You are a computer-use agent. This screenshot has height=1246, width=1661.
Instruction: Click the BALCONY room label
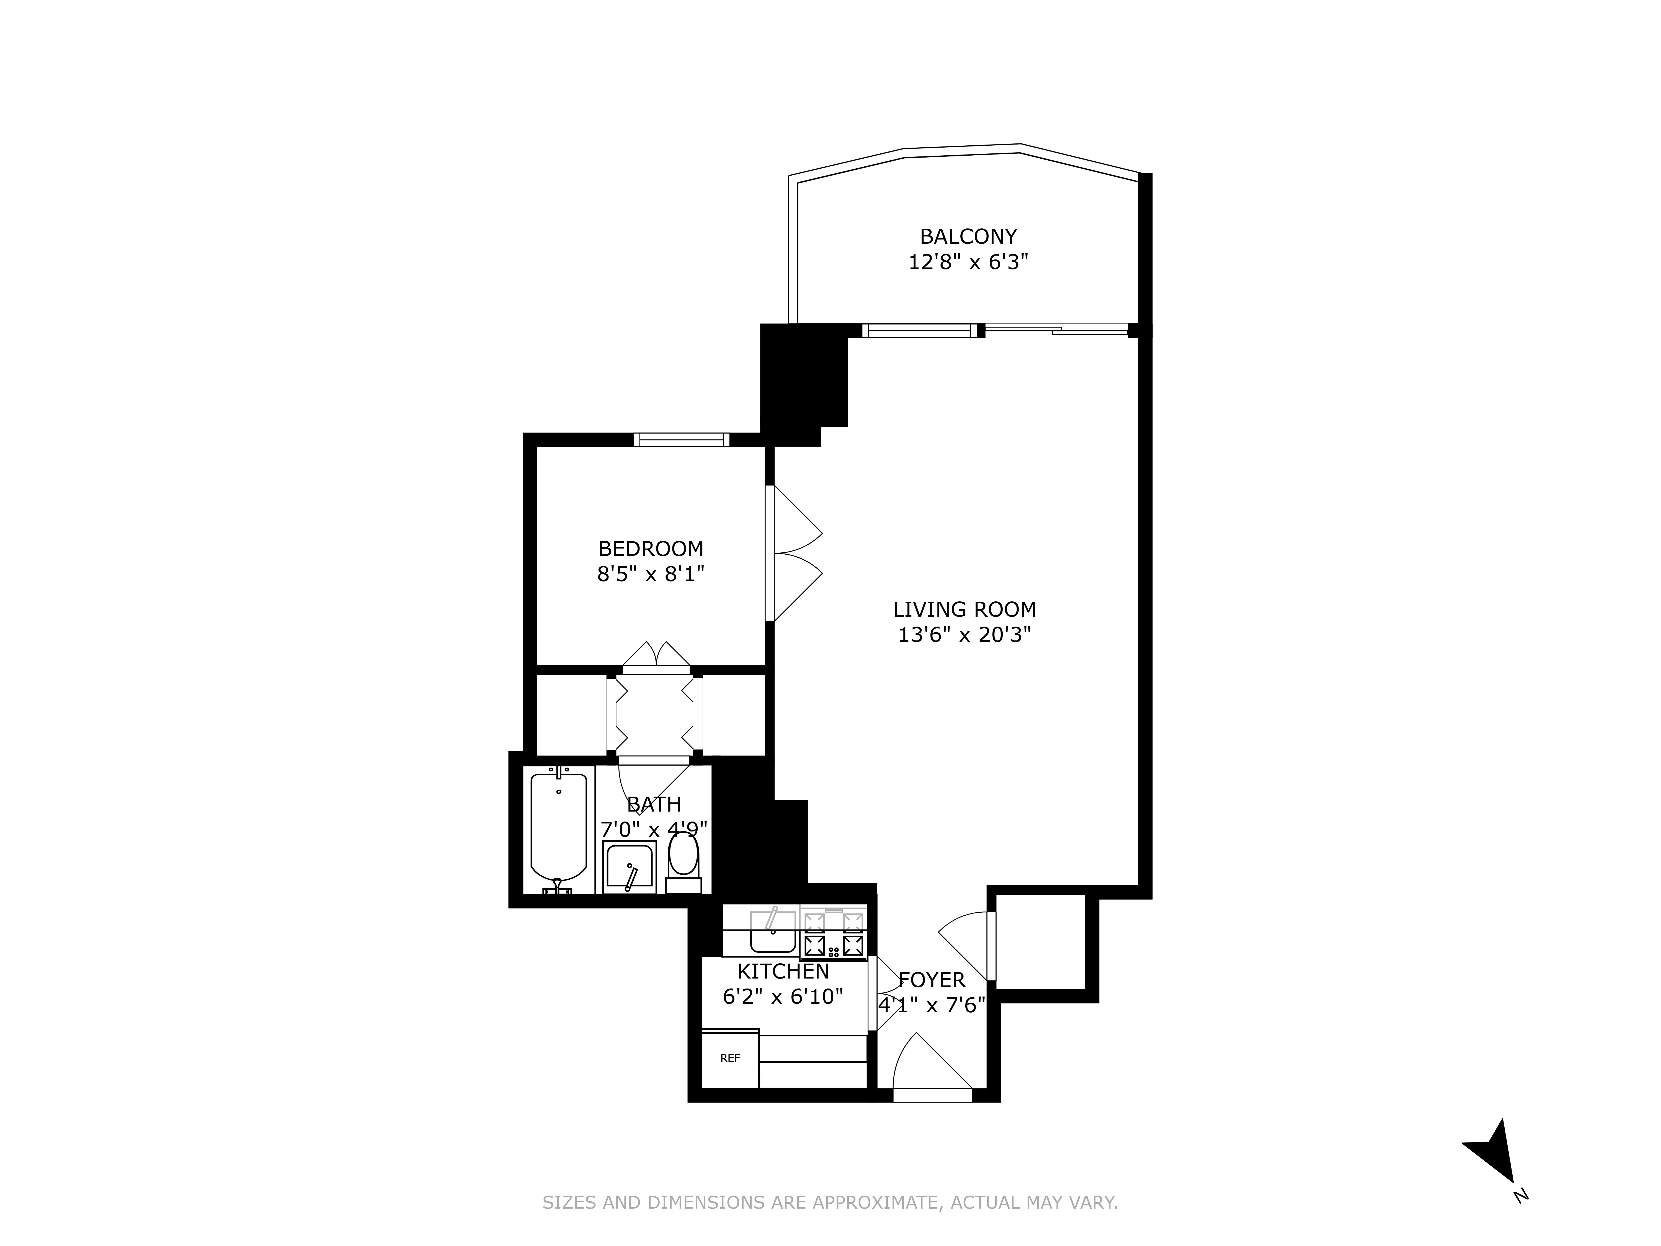[968, 236]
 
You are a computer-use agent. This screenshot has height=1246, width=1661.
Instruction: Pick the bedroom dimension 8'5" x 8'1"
[650, 575]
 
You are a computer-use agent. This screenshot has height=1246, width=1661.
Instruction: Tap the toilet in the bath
[683, 860]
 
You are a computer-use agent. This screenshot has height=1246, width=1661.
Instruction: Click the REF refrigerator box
[730, 1058]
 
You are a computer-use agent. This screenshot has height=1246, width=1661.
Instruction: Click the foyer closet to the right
[1040, 943]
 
